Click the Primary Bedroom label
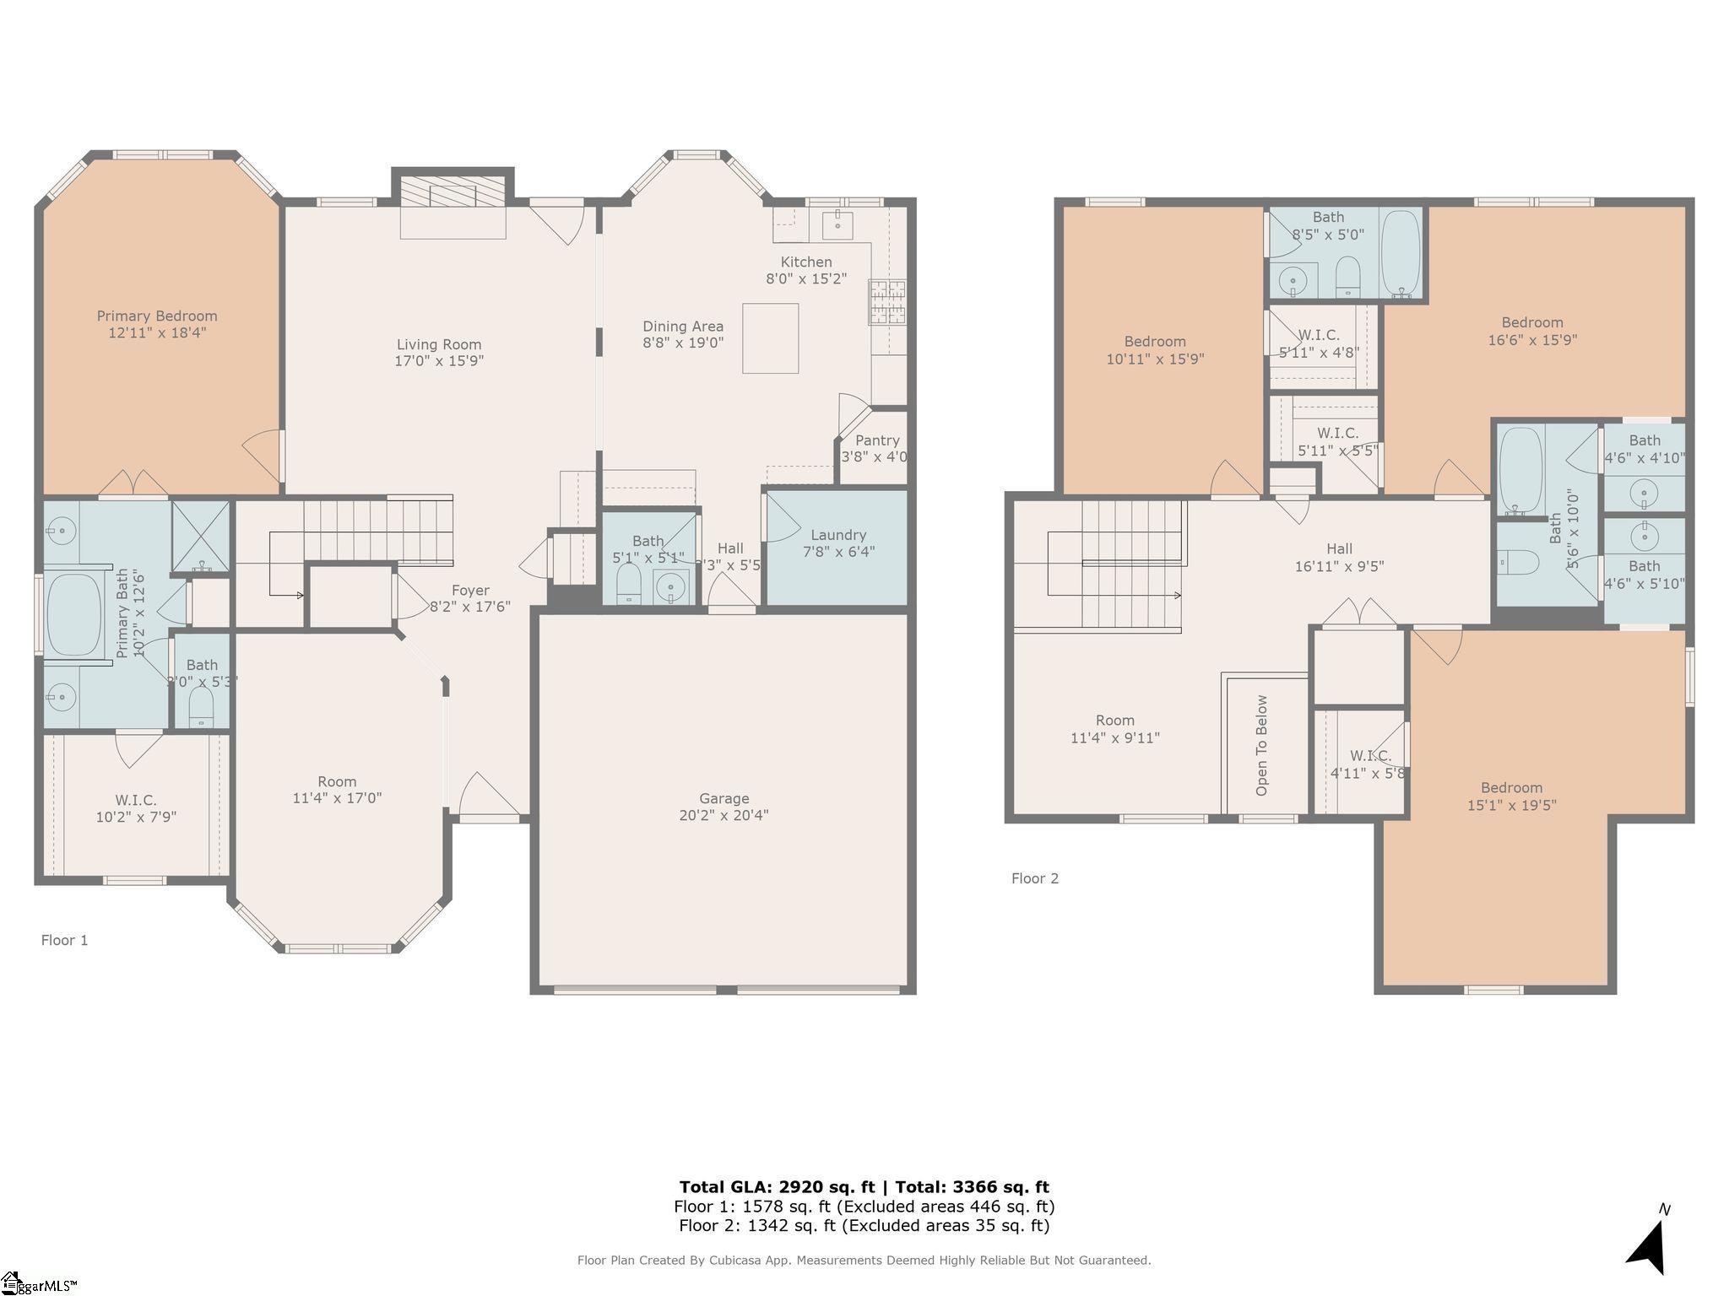157,316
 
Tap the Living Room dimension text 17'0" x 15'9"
439,361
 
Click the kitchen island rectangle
770,338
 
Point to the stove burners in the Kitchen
886,302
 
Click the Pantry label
877,440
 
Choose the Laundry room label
838,535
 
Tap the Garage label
724,798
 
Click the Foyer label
470,591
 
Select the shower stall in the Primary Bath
201,537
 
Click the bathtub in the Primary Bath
73,615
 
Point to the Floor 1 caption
65,940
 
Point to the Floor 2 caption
1035,878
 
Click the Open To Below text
1262,745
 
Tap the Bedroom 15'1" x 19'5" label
1511,788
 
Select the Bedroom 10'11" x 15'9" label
1155,342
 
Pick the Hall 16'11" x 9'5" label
1339,549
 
